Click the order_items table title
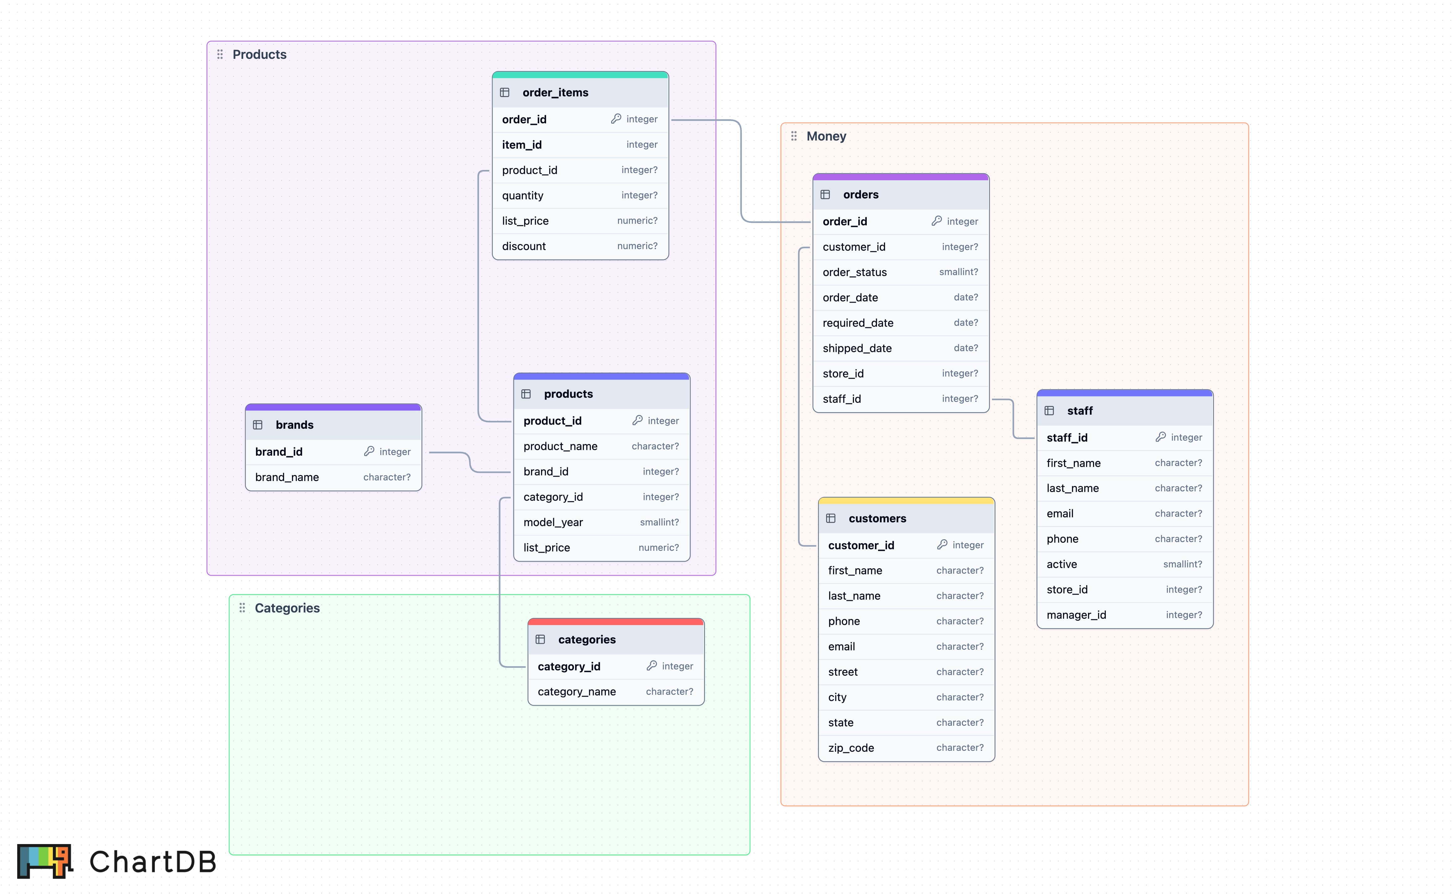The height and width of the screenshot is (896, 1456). (x=555, y=92)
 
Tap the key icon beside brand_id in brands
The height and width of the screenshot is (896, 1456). (x=369, y=452)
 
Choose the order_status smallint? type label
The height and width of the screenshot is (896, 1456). (x=958, y=272)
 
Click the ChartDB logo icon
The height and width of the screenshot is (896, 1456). (x=44, y=861)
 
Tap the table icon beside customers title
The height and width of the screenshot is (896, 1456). (x=830, y=519)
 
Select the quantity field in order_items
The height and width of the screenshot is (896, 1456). (x=523, y=196)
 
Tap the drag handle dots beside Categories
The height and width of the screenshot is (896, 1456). (x=242, y=608)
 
